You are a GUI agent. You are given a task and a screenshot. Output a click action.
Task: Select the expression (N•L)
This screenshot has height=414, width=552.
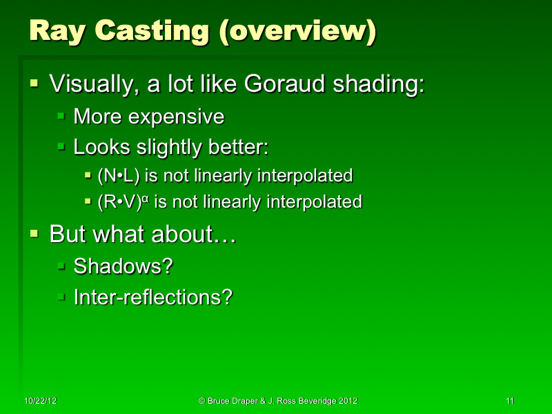tap(119, 176)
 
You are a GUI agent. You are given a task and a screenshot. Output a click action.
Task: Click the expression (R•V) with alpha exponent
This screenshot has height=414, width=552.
tap(125, 201)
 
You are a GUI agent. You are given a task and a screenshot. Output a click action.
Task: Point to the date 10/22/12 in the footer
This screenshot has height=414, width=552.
tap(40, 401)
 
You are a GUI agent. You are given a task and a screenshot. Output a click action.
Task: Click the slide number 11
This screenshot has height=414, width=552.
tap(510, 401)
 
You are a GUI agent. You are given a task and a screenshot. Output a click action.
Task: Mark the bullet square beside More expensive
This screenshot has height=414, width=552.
tap(61, 116)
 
